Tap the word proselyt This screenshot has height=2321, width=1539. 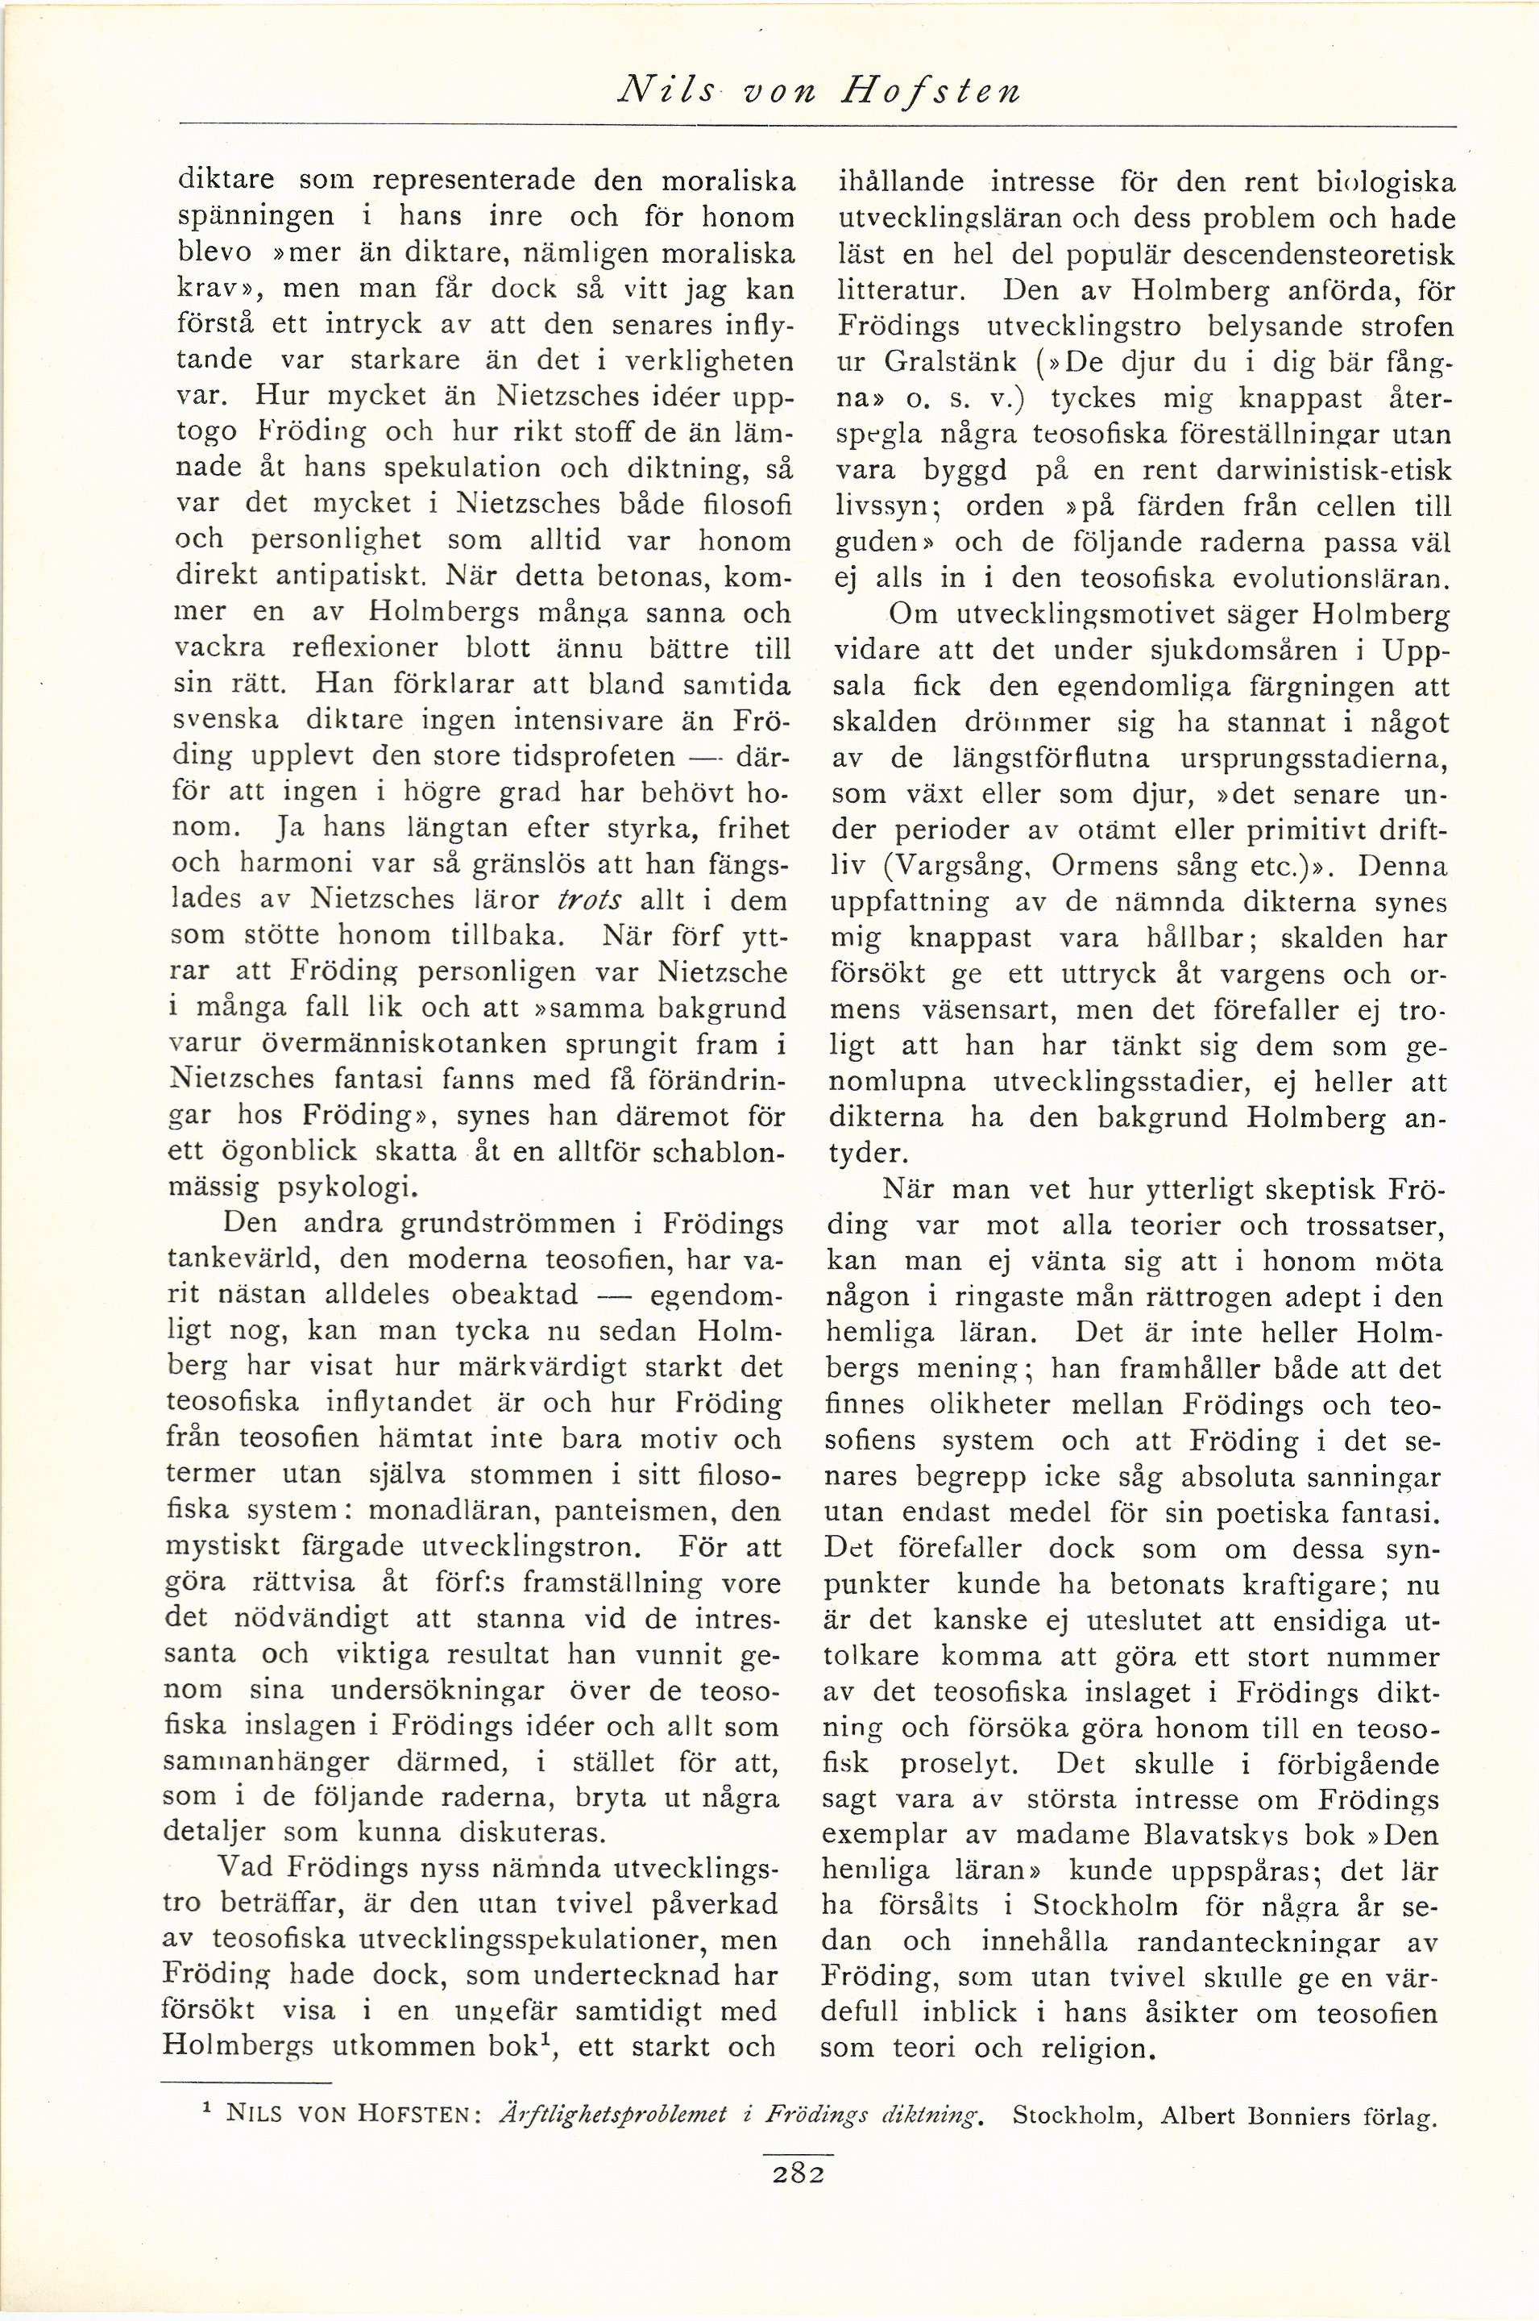point(961,1763)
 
